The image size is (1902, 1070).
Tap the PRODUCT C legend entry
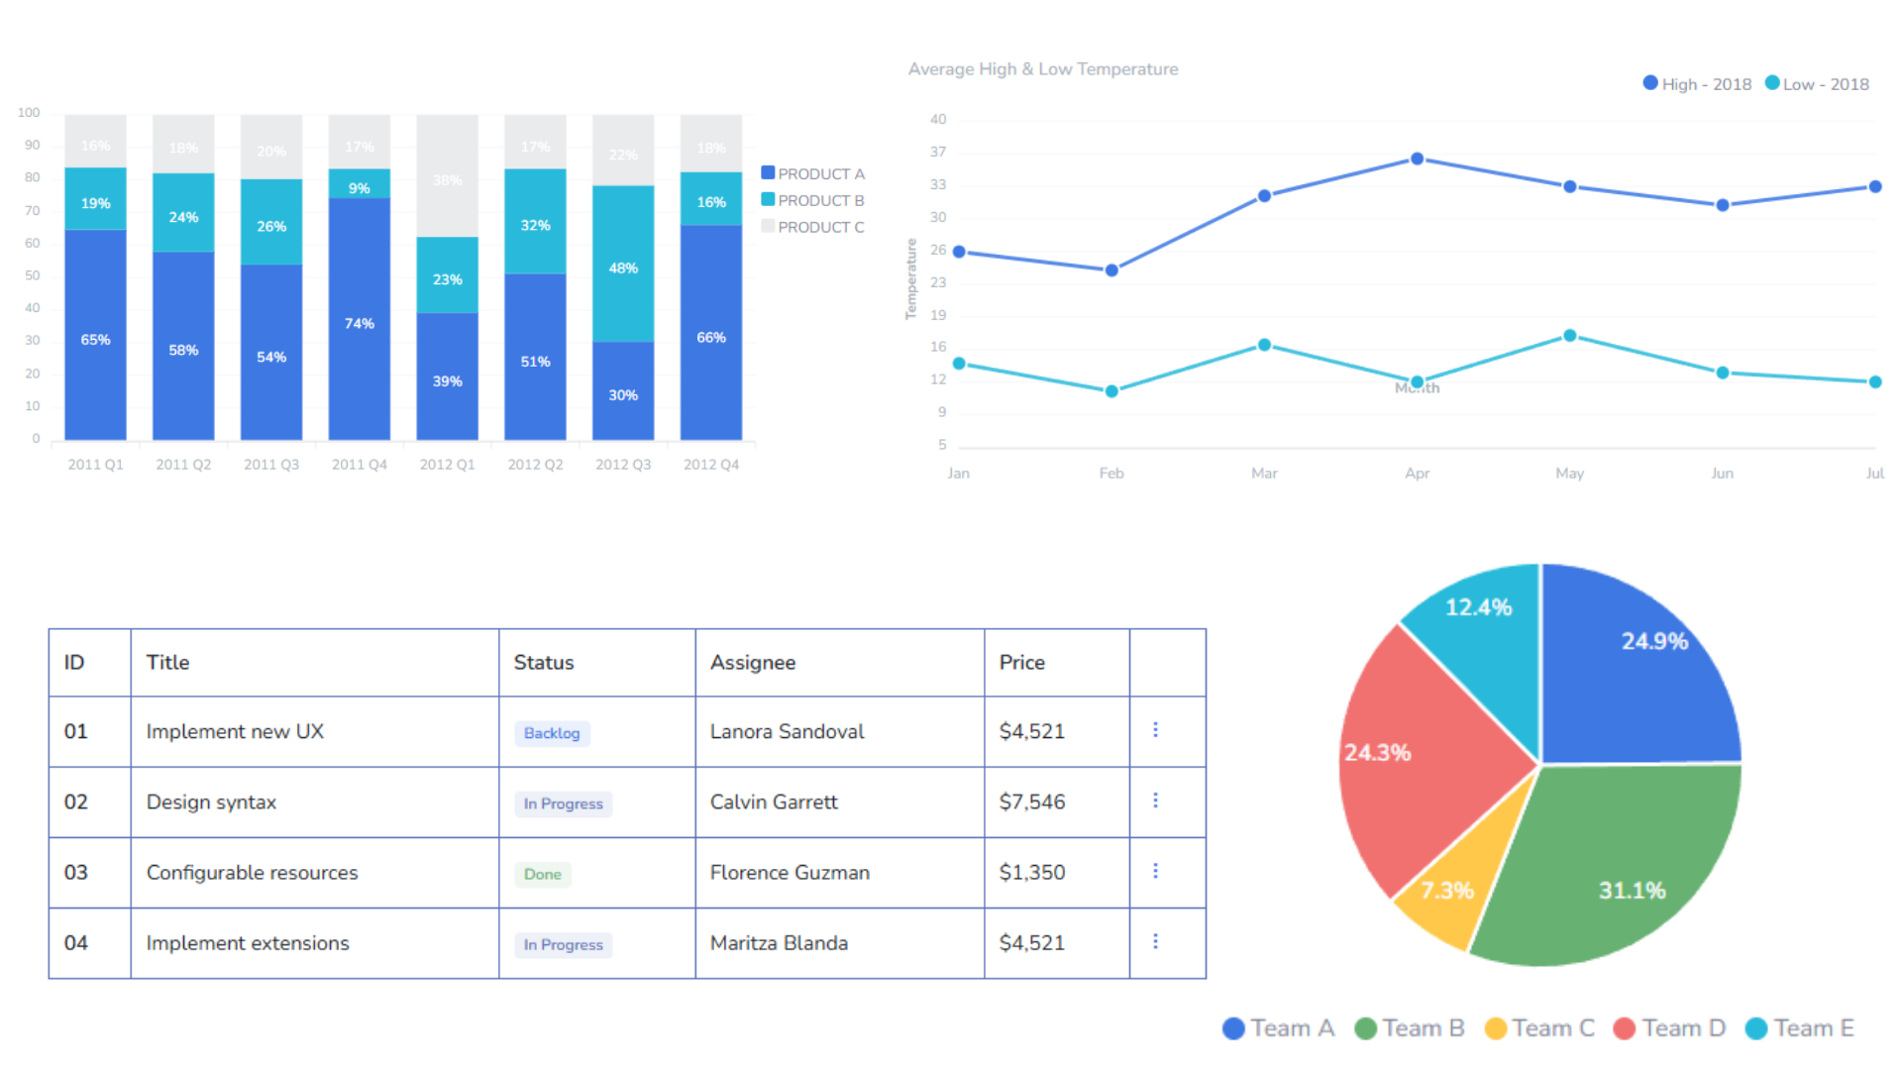coord(813,227)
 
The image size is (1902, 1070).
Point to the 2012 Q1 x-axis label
coord(447,464)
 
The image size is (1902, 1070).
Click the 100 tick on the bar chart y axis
coord(29,113)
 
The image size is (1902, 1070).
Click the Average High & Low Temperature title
coord(1042,69)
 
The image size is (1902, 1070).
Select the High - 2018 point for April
coord(1417,159)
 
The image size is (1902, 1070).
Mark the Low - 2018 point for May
coord(1569,336)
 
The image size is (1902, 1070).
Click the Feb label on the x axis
coord(1110,474)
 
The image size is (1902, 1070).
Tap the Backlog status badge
coord(552,733)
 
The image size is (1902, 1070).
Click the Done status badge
coord(542,874)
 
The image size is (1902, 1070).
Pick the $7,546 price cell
coord(1032,802)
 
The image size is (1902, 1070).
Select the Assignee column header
coord(752,662)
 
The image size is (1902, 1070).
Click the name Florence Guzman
coord(790,873)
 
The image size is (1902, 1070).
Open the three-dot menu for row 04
coord(1155,941)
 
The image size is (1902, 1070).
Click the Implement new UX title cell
coord(235,731)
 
